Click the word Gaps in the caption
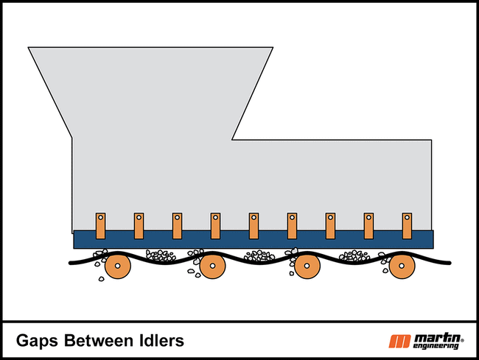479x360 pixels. (37, 341)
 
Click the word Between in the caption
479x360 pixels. (99, 340)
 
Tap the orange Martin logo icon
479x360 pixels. (399, 342)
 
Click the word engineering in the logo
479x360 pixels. (436, 346)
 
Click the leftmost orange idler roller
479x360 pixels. (118, 266)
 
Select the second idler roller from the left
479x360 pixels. (213, 266)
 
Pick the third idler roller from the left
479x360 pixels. (307, 266)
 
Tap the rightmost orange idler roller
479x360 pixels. (402, 266)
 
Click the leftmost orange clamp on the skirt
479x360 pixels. (100, 226)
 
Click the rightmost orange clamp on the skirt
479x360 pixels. (407, 226)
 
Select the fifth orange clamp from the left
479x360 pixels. (254, 226)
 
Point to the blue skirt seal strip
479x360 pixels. (254, 239)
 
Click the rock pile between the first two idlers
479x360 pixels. (161, 255)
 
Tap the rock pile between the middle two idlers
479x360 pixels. (259, 255)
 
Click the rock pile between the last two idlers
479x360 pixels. (354, 255)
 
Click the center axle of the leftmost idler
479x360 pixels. (118, 266)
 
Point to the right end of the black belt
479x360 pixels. (450, 263)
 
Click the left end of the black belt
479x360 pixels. (71, 263)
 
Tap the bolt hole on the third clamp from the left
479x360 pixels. (177, 217)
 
